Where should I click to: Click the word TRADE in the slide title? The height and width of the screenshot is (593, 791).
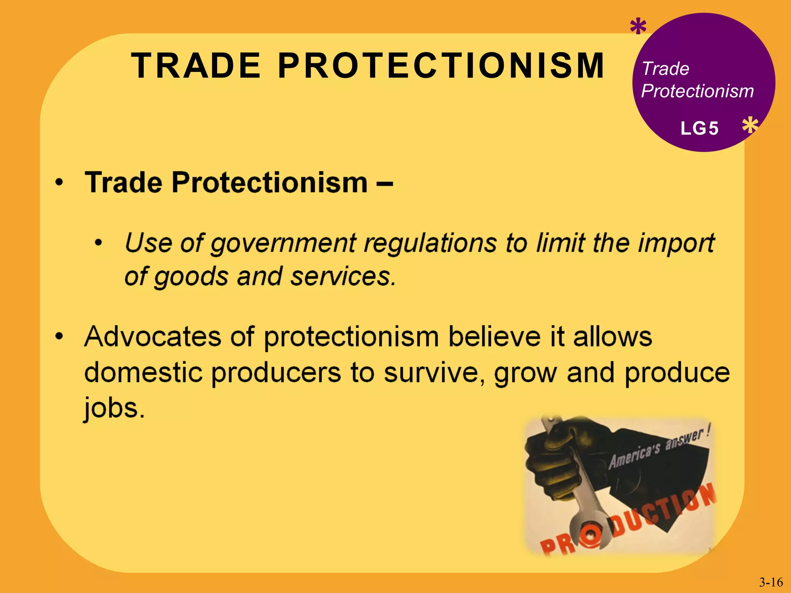coord(196,66)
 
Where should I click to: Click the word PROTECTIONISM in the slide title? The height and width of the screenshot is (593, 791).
coord(441,66)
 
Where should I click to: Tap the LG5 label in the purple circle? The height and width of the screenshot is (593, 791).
coord(699,128)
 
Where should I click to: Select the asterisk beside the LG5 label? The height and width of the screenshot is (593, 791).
coord(750,126)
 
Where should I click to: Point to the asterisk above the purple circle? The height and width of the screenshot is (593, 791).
coord(638,27)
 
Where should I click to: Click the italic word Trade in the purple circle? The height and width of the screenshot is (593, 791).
coord(665,69)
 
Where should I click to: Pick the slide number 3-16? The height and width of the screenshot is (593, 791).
coord(771,582)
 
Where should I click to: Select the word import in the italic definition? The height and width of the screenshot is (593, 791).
coord(676,244)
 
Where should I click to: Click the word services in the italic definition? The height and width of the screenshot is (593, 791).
coord(342,277)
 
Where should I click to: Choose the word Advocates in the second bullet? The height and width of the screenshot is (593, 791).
coord(153,337)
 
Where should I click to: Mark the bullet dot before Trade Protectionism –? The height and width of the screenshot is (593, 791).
coord(59,182)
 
